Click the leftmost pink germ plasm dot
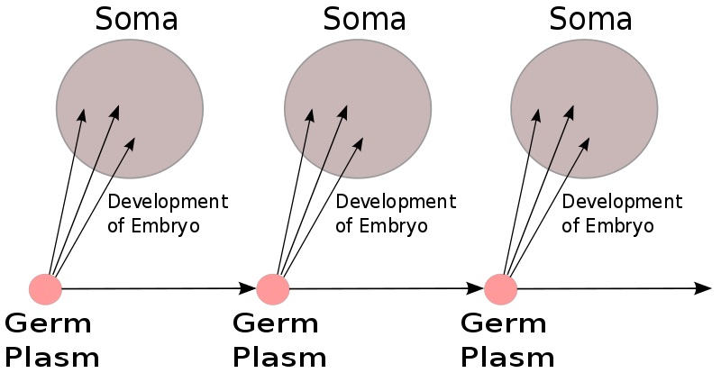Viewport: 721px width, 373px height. click(45, 289)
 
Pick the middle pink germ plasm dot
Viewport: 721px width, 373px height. click(272, 289)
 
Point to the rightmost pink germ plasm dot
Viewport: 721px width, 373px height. click(500, 289)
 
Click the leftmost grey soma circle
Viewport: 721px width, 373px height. click(130, 108)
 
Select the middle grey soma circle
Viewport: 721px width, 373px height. click(358, 108)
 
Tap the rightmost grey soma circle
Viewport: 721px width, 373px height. click(584, 108)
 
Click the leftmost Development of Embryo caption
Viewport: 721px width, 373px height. click(168, 214)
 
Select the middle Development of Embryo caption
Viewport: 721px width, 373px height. click(396, 214)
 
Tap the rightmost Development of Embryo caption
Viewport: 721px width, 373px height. click(622, 214)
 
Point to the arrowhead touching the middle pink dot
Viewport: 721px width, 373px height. click(248, 289)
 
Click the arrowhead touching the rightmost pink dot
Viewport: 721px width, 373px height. click(476, 289)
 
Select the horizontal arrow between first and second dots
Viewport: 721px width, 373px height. click(153, 289)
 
